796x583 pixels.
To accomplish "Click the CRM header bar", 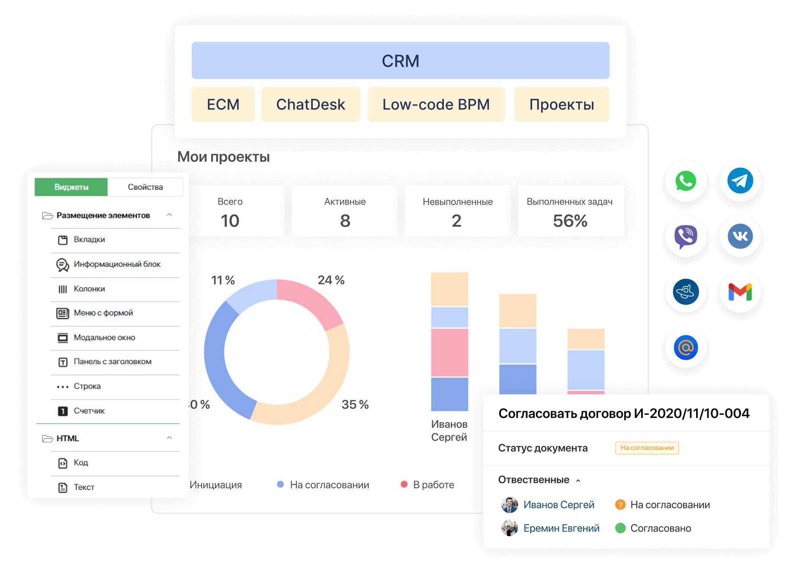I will (x=400, y=61).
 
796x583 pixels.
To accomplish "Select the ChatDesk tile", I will (x=310, y=105).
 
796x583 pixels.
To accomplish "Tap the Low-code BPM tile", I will (x=436, y=105).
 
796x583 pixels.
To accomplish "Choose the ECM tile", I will (x=223, y=105).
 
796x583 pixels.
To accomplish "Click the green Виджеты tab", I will (x=71, y=187).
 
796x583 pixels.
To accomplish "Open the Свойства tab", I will (x=145, y=187).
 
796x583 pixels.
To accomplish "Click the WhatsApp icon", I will (x=686, y=181).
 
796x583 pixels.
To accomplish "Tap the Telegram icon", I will (x=740, y=181).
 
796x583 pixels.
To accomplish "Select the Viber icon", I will (x=686, y=236).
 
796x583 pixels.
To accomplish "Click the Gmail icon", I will (x=740, y=292).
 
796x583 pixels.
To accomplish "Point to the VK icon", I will (x=740, y=236).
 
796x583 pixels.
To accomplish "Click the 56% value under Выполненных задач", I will (x=570, y=221).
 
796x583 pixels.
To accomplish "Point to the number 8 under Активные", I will (x=345, y=221).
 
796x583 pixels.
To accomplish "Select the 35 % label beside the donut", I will (x=355, y=404).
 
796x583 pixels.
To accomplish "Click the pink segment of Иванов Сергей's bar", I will (x=449, y=352).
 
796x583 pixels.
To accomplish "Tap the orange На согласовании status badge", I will (x=647, y=448).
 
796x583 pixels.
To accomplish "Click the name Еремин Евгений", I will (x=561, y=528).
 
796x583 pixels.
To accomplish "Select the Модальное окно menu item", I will (x=104, y=337).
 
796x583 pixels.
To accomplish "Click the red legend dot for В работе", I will (x=404, y=484).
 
